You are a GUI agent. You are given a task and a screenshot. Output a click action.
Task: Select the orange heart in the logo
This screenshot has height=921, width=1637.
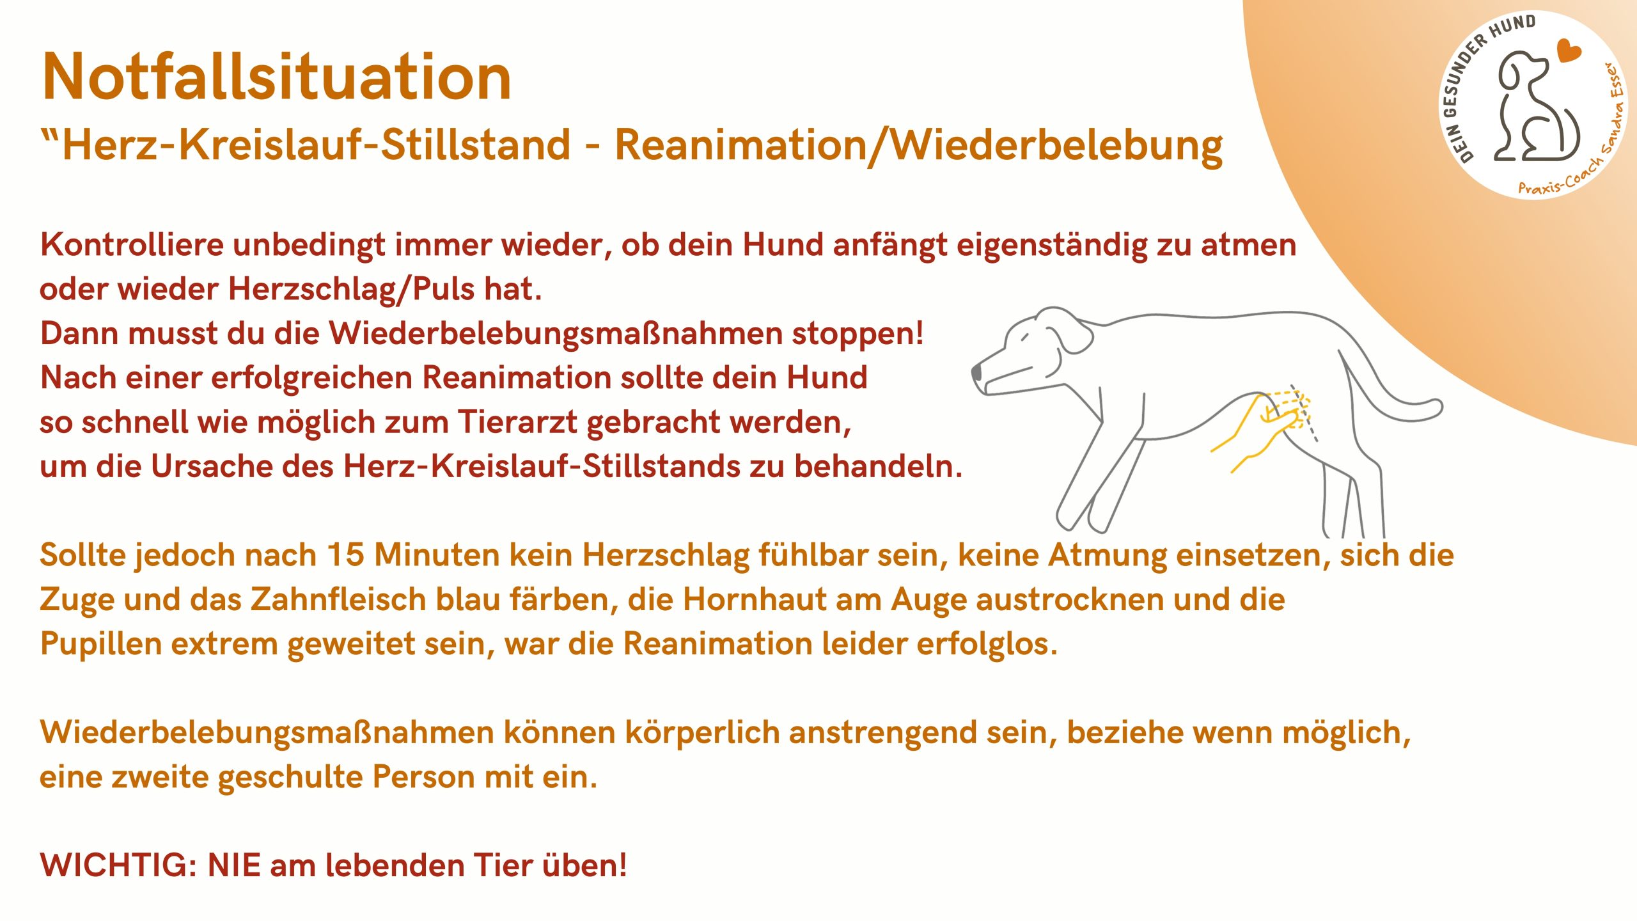[1568, 50]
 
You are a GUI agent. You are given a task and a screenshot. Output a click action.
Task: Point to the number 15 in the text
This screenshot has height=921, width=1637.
[345, 555]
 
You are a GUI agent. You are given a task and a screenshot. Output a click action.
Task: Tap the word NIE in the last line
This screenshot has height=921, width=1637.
[234, 865]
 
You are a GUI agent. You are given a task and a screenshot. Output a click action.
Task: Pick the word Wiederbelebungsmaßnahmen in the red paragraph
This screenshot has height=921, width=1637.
[555, 334]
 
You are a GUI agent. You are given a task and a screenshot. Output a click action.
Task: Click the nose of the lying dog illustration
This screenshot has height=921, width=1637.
[977, 372]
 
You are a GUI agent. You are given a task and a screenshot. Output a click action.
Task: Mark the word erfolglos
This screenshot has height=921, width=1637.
[987, 644]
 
